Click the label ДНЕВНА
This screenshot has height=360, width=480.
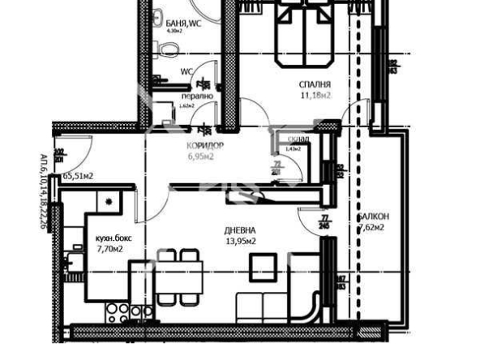(241, 230)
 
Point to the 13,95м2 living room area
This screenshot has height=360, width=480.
(241, 242)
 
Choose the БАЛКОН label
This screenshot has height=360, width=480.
(373, 216)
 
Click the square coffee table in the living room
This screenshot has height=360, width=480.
(261, 267)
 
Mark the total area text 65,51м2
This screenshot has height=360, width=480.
(79, 176)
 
